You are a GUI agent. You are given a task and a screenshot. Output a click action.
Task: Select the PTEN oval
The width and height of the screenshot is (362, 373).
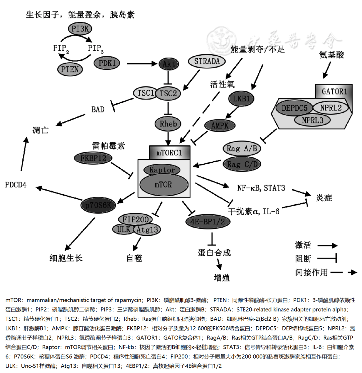(70, 69)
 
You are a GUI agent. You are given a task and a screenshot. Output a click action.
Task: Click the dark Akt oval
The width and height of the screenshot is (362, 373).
(168, 63)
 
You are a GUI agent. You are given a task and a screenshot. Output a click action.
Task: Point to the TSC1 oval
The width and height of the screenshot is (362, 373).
(145, 93)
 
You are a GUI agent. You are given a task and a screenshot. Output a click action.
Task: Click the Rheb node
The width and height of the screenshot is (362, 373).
(168, 123)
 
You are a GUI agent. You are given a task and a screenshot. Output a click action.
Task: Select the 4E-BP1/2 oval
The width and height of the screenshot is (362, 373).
(208, 221)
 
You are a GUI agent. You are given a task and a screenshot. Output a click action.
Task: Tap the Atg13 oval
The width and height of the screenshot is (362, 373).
(147, 229)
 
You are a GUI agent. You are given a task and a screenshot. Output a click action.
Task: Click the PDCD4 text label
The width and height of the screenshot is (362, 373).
(16, 184)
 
